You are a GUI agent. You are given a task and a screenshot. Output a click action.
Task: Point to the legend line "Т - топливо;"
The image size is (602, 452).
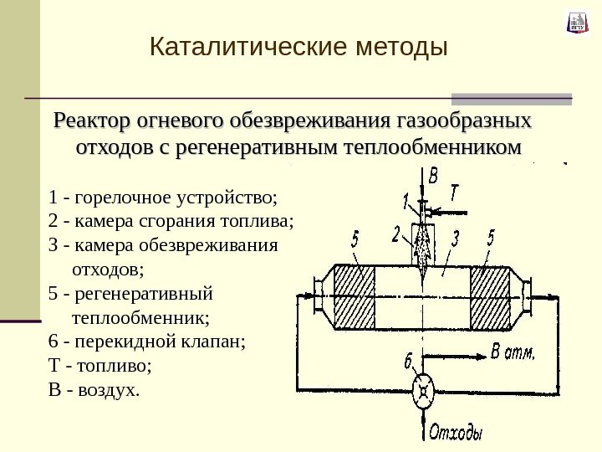102,366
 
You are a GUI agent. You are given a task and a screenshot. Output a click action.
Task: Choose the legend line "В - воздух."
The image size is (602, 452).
95,390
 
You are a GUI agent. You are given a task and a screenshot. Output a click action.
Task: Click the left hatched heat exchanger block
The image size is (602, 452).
355,298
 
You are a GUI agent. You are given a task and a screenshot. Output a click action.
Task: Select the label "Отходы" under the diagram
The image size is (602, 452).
457,434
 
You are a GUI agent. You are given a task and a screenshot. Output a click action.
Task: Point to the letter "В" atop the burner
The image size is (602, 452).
432,177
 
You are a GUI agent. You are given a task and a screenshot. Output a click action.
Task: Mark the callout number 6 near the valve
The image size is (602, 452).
409,362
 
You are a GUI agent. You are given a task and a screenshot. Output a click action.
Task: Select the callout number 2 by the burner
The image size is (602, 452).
396,231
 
